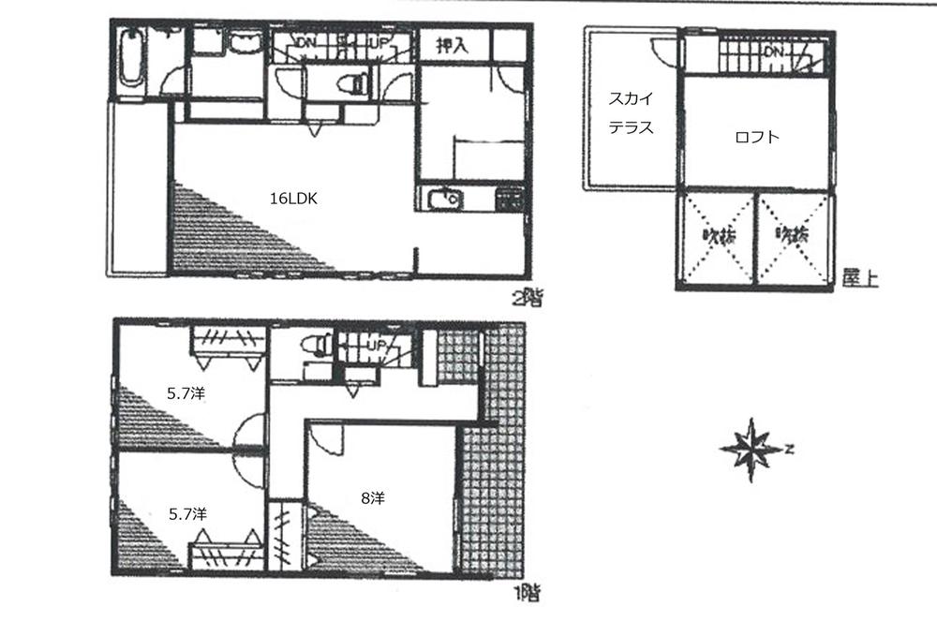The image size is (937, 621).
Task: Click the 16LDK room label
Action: click(x=292, y=199)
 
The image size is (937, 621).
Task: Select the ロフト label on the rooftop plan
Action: click(x=757, y=137)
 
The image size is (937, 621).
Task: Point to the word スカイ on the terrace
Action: click(x=631, y=98)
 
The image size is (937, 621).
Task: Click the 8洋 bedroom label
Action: click(x=372, y=498)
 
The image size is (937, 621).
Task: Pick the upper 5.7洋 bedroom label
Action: click(x=186, y=393)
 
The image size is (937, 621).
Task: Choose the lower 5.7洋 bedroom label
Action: click(x=187, y=513)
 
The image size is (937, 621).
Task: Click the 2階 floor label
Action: click(x=528, y=299)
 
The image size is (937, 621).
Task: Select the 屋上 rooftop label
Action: click(x=859, y=278)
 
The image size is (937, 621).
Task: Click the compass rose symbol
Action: click(x=751, y=450)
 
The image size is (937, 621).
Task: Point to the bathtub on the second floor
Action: click(x=132, y=59)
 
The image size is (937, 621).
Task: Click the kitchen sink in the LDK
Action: click(x=441, y=200)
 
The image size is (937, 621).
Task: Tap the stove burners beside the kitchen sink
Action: click(x=510, y=199)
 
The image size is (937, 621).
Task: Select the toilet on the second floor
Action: click(x=352, y=83)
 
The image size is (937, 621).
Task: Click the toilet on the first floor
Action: click(x=320, y=346)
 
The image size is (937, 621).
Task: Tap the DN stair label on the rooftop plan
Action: click(x=773, y=52)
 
